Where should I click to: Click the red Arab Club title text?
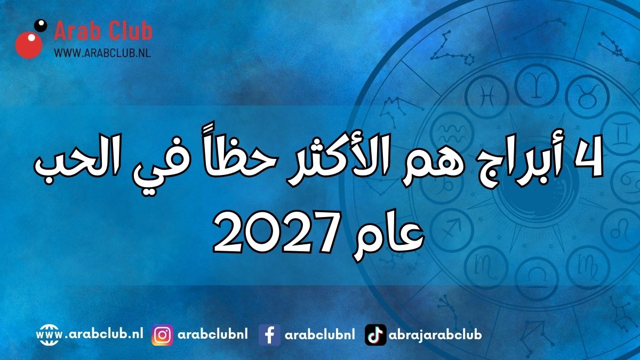click(103, 31)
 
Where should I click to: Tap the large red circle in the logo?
click(29, 45)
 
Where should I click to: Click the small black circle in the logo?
click(41, 25)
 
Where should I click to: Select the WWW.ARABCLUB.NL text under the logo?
click(102, 53)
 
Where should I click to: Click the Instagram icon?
click(162, 335)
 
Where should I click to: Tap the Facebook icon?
click(269, 335)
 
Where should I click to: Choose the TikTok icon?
click(375, 335)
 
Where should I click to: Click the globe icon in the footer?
click(49, 335)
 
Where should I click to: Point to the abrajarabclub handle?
click(435, 335)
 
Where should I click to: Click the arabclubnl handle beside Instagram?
click(213, 334)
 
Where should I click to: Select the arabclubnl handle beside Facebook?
click(319, 334)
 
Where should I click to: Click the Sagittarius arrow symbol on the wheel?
click(451, 229)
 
